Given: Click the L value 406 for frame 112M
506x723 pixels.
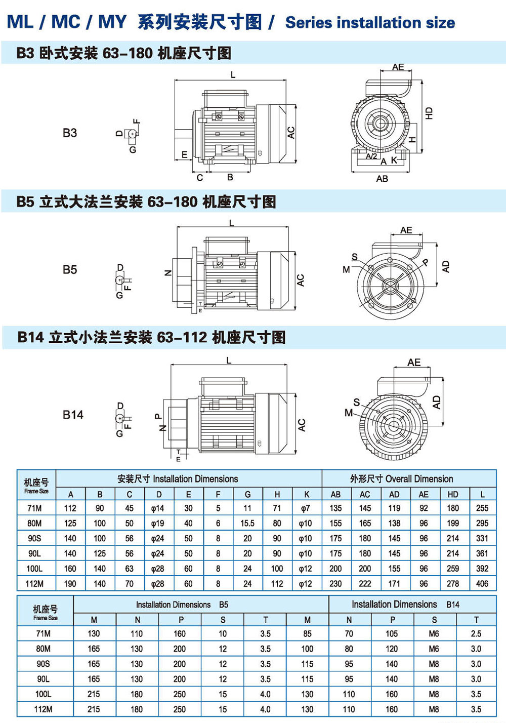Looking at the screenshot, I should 482,584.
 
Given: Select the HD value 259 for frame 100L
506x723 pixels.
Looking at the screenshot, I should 453,569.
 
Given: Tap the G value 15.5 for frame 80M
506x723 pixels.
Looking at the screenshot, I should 247,523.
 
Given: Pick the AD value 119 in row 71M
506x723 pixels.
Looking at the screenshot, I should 394,508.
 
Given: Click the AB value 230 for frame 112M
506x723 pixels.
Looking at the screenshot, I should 335,584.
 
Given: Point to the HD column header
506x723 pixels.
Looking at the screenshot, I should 453,494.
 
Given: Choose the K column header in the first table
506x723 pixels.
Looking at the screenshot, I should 306,494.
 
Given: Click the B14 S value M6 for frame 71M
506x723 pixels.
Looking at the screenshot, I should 434,633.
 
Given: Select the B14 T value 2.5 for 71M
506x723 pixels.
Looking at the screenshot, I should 476,633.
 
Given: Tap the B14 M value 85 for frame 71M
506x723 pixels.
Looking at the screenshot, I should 307,633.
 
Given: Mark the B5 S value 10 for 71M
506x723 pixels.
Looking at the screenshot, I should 223,633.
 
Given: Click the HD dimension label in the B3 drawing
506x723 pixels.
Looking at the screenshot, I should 429,112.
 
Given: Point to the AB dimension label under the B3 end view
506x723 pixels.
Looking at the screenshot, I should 382,179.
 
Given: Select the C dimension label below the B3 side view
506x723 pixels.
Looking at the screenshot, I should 199,178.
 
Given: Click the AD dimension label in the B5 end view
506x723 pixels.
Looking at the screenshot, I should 446,267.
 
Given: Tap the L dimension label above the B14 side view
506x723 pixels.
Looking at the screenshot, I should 229,360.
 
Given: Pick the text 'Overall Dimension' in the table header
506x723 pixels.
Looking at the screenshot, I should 419,479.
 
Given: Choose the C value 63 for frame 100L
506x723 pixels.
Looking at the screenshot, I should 129,569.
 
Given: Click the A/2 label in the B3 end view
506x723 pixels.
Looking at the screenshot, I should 371,156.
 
